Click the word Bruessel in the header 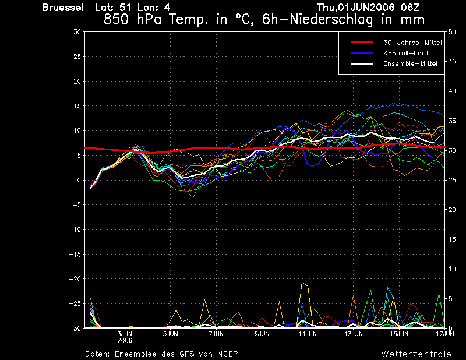pos(63,8)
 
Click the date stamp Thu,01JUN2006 pos(356,8)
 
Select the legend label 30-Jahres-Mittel pos(412,43)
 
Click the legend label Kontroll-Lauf pos(405,53)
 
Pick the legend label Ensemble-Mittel pos(410,63)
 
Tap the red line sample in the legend pos(362,43)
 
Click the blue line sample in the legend pos(362,53)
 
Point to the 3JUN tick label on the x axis pos(125,334)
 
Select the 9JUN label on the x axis pos(262,334)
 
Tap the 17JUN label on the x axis pos(445,334)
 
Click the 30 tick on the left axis pos(77,31)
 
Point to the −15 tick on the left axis pos(75,254)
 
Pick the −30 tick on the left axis pos(75,328)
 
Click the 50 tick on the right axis pos(452,32)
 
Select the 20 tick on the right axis pos(452,210)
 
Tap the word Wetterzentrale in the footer pos(416,354)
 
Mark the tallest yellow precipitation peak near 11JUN pos(302,283)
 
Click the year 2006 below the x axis pos(125,340)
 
